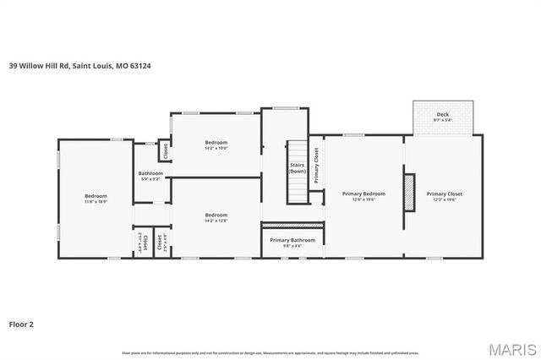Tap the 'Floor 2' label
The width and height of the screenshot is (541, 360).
(x=21, y=323)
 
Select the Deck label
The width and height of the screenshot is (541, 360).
(x=443, y=116)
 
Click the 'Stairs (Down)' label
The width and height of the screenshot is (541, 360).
(x=297, y=167)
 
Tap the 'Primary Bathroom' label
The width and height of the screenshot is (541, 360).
(x=292, y=240)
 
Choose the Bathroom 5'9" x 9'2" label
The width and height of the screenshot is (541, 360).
(x=150, y=176)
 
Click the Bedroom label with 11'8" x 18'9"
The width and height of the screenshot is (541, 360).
(x=96, y=199)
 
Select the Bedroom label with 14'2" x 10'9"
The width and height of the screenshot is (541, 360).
(x=216, y=145)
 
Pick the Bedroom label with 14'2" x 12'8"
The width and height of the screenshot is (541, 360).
(x=216, y=217)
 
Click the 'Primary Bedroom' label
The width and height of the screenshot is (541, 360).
(x=363, y=194)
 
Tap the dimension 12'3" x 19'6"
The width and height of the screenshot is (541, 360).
(x=445, y=200)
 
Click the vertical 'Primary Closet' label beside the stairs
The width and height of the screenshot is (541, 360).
(x=316, y=165)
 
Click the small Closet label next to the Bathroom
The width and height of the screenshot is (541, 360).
(x=166, y=151)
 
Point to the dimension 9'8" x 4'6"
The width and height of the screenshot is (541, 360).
(x=292, y=247)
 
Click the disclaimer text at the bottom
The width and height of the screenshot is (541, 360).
(x=270, y=352)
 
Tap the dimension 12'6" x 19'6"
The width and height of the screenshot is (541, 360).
(x=363, y=200)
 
